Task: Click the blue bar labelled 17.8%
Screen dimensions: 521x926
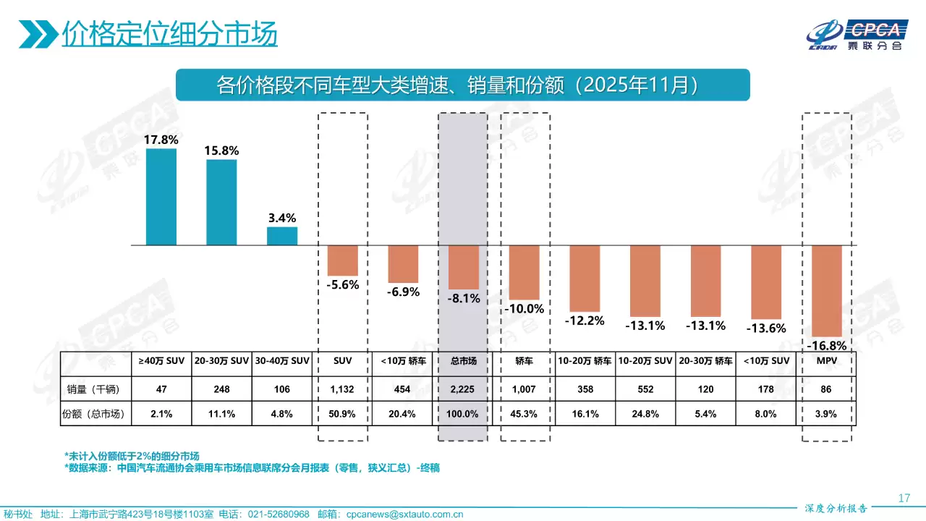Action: (161, 197)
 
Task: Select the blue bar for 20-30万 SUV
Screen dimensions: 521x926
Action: (221, 202)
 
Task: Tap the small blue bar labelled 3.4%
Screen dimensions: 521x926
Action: (282, 236)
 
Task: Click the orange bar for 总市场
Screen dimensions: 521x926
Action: (464, 268)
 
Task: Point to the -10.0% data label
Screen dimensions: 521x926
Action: (524, 309)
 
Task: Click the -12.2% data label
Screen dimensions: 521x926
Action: (585, 321)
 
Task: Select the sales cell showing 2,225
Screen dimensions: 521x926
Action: (464, 389)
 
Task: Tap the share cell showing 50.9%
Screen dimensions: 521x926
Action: (342, 414)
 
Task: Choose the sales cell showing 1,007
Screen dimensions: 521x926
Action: (524, 389)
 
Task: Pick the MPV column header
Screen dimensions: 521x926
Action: (826, 360)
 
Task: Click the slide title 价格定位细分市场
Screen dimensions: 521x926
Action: (169, 34)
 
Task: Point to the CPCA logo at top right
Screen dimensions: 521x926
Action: (859, 34)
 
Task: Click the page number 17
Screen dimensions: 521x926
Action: (904, 498)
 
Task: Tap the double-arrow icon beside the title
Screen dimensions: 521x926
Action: (38, 34)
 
